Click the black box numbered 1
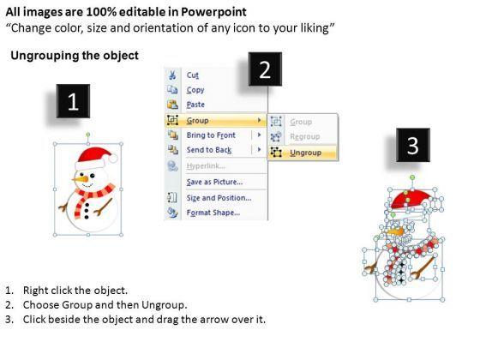coord(73,101)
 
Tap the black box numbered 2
coord(265,69)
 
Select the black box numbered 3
coord(413,145)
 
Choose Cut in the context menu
coord(193,75)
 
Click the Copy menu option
coord(195,90)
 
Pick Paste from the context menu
coord(195,105)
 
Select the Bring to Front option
coord(211,135)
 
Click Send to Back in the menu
coord(209,150)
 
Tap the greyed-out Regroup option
coord(305,136)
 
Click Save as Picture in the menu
coord(214,182)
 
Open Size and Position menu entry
coord(219,198)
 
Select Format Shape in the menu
coord(213,213)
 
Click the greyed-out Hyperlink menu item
coord(206,166)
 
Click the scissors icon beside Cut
coord(172,75)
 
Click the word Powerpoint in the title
coord(213,12)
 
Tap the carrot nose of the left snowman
coord(81,178)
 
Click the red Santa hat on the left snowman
coord(96,159)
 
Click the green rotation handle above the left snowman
coord(88,135)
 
